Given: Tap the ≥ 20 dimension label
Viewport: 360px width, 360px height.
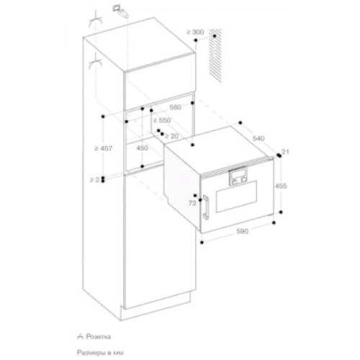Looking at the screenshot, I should tap(172, 135).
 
